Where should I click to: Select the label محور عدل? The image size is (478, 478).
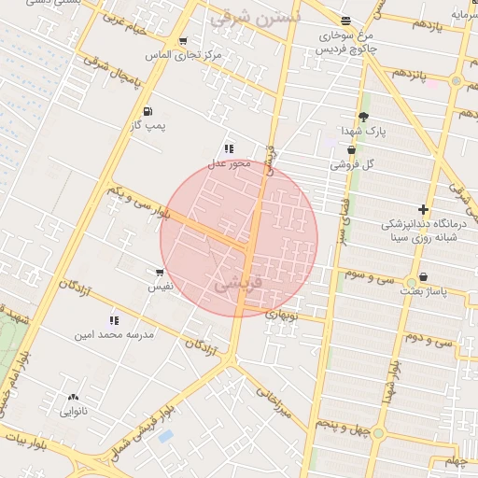pos(229,163)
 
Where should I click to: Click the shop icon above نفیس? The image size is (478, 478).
pos(160,274)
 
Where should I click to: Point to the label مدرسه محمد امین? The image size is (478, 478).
pos(114,333)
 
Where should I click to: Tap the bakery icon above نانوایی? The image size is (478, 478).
pos(73,398)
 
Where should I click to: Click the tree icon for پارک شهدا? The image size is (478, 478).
pos(362,117)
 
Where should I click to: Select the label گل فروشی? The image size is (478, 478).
pos(351,164)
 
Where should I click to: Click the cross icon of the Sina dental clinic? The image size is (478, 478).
pos(424,210)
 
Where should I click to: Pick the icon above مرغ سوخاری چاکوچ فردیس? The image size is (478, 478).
pos(346,21)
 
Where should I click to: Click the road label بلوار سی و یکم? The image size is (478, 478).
pos(139,203)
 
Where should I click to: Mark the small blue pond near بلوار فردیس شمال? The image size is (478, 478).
pos(166,436)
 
